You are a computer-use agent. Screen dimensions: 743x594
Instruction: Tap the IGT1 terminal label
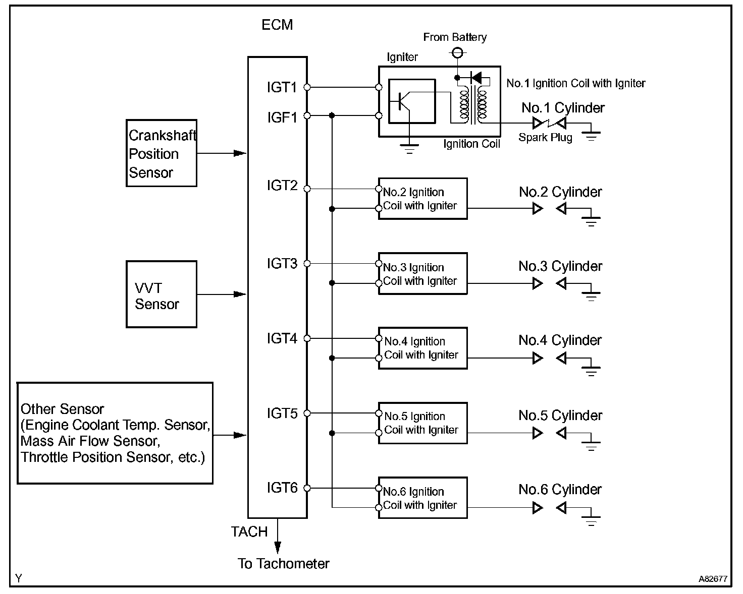click(282, 88)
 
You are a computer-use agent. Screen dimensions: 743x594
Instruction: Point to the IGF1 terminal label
click(282, 117)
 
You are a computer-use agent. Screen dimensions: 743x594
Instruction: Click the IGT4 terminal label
click(282, 338)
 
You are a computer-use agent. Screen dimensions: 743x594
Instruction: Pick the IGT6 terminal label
click(282, 488)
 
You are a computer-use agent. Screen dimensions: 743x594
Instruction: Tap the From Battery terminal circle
click(457, 53)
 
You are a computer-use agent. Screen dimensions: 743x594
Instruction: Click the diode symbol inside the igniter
click(476, 78)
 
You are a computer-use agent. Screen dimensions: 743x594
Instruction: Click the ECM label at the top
click(277, 25)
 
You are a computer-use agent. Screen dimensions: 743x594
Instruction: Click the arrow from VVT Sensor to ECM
click(222, 294)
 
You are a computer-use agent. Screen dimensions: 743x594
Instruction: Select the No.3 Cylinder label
click(560, 266)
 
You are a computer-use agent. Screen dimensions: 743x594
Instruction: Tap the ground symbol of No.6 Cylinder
click(591, 520)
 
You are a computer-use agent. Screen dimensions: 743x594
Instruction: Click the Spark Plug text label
click(546, 137)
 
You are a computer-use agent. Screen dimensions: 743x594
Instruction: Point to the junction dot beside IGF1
click(332, 115)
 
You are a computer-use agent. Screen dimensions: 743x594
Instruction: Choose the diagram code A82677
click(713, 579)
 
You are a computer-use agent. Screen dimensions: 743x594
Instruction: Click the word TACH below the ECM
click(249, 531)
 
